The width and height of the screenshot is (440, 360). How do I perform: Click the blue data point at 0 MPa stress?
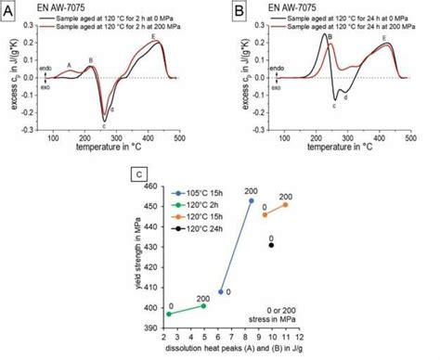[x=221, y=291]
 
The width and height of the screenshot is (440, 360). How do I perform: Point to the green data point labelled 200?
[x=203, y=305]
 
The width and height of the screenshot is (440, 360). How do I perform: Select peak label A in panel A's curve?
[x=69, y=64]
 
